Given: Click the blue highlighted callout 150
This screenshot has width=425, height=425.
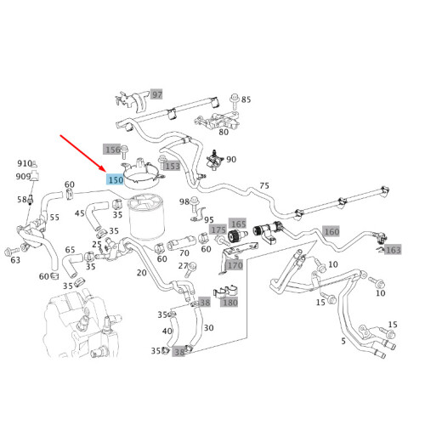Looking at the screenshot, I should (x=115, y=179).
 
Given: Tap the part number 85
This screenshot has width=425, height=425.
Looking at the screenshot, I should (x=246, y=99).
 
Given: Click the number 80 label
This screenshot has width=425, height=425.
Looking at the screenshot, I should (x=224, y=131).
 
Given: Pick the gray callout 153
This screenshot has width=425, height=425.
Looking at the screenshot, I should (x=173, y=166).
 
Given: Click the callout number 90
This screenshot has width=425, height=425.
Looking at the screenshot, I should (x=231, y=159).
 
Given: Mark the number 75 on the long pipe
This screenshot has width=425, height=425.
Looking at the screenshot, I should (x=264, y=186).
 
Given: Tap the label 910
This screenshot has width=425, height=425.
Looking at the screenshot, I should (x=25, y=163).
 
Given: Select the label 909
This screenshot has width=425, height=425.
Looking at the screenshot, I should (x=25, y=176).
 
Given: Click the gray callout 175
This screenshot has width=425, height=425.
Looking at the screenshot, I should (x=218, y=229).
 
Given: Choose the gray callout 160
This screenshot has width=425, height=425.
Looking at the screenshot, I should (x=331, y=231).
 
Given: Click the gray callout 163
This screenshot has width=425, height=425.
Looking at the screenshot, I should (x=393, y=250).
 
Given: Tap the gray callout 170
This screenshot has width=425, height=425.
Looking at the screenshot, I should (x=235, y=264).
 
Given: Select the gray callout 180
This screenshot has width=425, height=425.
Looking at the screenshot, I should (x=230, y=302).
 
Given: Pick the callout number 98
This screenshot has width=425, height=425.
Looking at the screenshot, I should (x=184, y=201).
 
